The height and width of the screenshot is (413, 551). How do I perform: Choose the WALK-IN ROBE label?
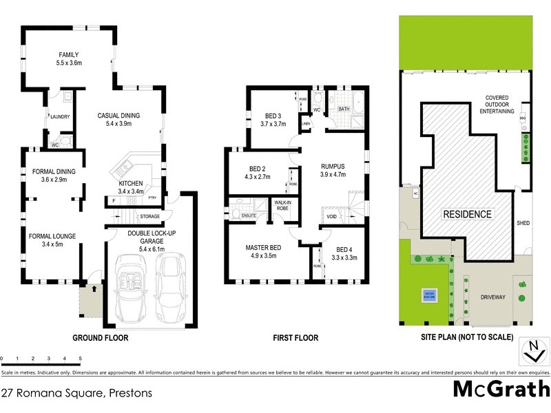282,205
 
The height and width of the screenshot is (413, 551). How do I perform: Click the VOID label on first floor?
332,216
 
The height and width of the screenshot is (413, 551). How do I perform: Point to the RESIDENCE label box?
467,214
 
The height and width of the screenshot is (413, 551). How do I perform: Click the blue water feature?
428,296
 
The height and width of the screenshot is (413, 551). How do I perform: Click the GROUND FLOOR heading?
100,338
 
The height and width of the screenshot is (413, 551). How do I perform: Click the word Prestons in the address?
129,394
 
